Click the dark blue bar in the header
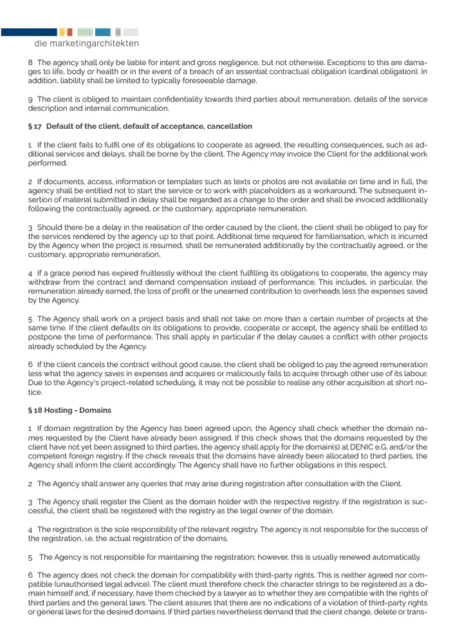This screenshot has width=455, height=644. [x=28, y=32]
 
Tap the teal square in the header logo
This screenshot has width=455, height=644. [x=102, y=32]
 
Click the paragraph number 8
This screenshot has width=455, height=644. [x=30, y=62]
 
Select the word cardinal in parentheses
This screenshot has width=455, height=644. [x=364, y=71]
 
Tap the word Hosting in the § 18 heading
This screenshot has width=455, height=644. [x=61, y=410]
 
